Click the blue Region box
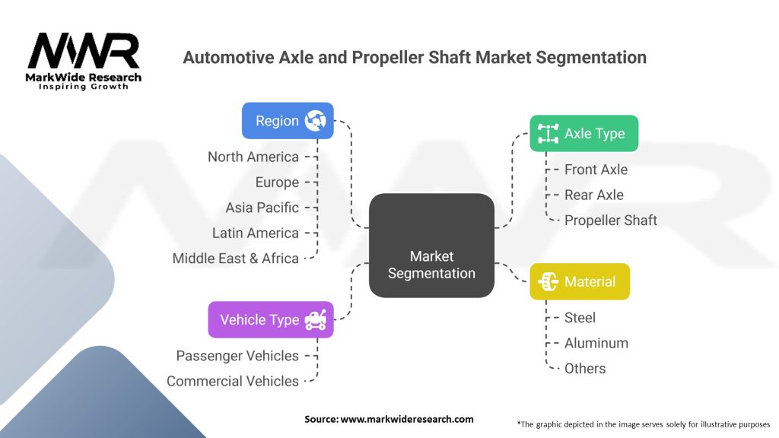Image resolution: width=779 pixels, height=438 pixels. [x=288, y=121]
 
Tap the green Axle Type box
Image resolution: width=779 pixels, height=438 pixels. [x=583, y=134]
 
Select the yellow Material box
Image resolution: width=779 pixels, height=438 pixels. [x=580, y=282]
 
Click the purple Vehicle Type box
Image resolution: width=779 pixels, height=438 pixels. [x=271, y=320]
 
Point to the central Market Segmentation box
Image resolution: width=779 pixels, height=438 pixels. [x=431, y=245]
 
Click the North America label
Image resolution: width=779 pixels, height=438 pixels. [x=253, y=157]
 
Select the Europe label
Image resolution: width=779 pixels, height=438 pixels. [x=277, y=182]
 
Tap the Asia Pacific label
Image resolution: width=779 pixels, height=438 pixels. [x=262, y=208]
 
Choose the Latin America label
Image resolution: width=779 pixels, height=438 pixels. [x=256, y=233]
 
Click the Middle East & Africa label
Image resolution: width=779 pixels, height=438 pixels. [x=236, y=259]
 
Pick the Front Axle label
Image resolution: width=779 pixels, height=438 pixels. [x=596, y=170]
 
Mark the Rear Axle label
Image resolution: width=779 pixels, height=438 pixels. [x=593, y=195]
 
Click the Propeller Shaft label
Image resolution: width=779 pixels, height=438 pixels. [x=610, y=221]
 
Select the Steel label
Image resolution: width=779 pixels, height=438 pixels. [x=580, y=318]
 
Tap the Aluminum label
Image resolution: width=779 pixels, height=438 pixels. [x=596, y=343]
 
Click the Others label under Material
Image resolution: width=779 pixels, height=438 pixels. [x=585, y=369]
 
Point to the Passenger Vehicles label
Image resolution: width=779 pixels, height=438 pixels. [x=237, y=356]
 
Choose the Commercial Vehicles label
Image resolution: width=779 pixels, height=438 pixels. [x=233, y=381]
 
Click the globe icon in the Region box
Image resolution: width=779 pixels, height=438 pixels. [x=315, y=120]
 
